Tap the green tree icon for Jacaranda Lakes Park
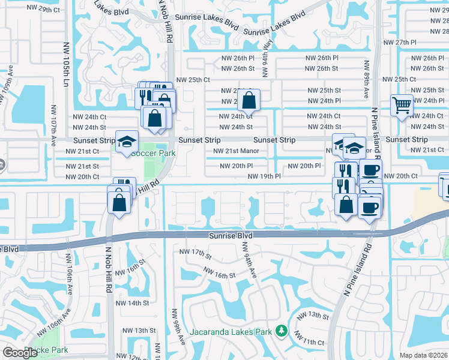280,331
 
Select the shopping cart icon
402,106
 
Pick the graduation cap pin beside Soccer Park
127,142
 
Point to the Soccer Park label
153,153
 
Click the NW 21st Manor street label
236,151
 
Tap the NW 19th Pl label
265,176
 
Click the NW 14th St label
133,303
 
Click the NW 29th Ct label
44,10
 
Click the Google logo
20,353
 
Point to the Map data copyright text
423,355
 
